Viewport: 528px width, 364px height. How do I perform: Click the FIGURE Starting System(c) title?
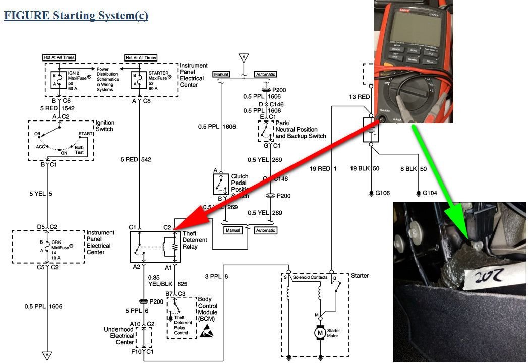pyautogui.click(x=76, y=15)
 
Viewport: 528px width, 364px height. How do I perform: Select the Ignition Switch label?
pyautogui.click(x=105, y=126)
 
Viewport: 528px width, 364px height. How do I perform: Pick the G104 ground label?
pyautogui.click(x=429, y=193)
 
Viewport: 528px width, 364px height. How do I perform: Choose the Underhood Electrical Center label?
pyautogui.click(x=120, y=336)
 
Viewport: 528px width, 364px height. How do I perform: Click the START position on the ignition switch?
pyautogui.click(x=84, y=134)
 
